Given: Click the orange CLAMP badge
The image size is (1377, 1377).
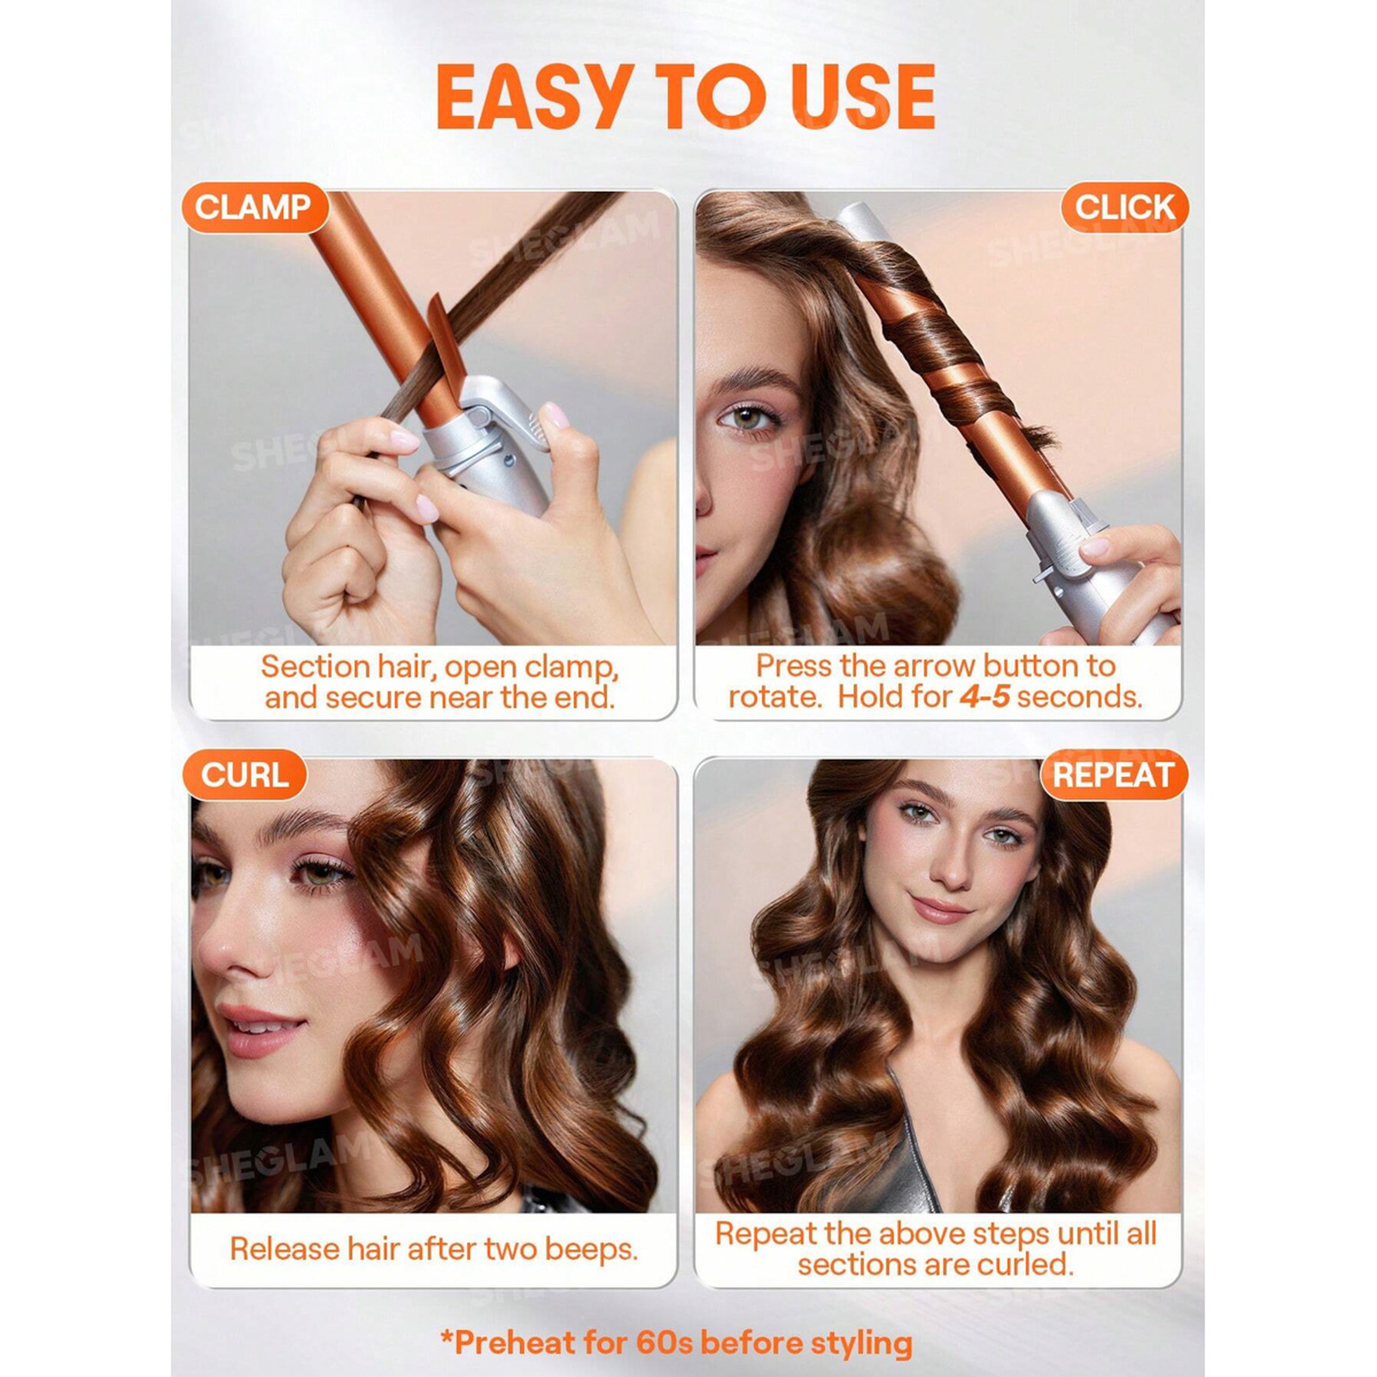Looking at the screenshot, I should [255, 208].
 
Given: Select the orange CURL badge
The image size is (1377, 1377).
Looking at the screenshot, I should [245, 775].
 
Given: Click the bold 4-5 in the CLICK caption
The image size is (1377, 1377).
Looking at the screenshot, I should [984, 696].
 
